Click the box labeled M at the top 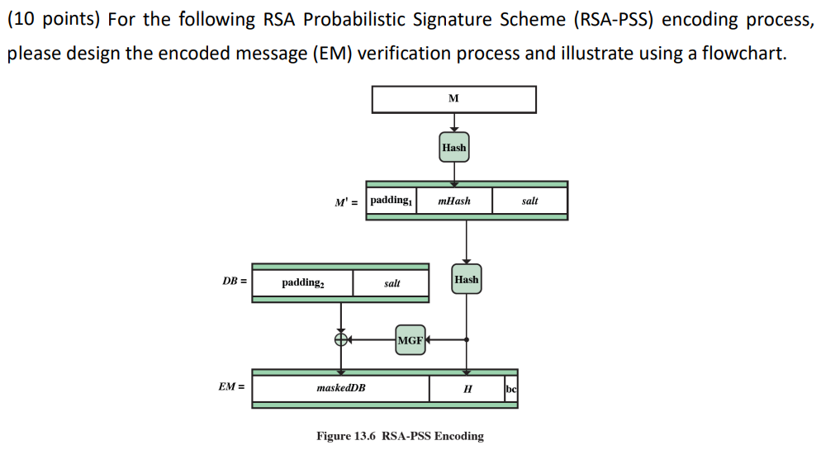tap(453, 99)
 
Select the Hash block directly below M tap(453, 147)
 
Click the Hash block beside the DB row tap(467, 280)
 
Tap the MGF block tap(410, 339)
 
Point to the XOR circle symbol tap(340, 339)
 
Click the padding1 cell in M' tap(391, 201)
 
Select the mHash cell tap(454, 201)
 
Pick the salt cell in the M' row tap(530, 201)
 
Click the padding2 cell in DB tap(302, 282)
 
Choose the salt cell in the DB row tap(392, 282)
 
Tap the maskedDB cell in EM tap(341, 388)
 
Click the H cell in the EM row tap(467, 388)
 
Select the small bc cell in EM tap(511, 388)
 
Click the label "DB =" tap(234, 282)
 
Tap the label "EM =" tap(232, 387)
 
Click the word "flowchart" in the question tap(739, 54)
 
